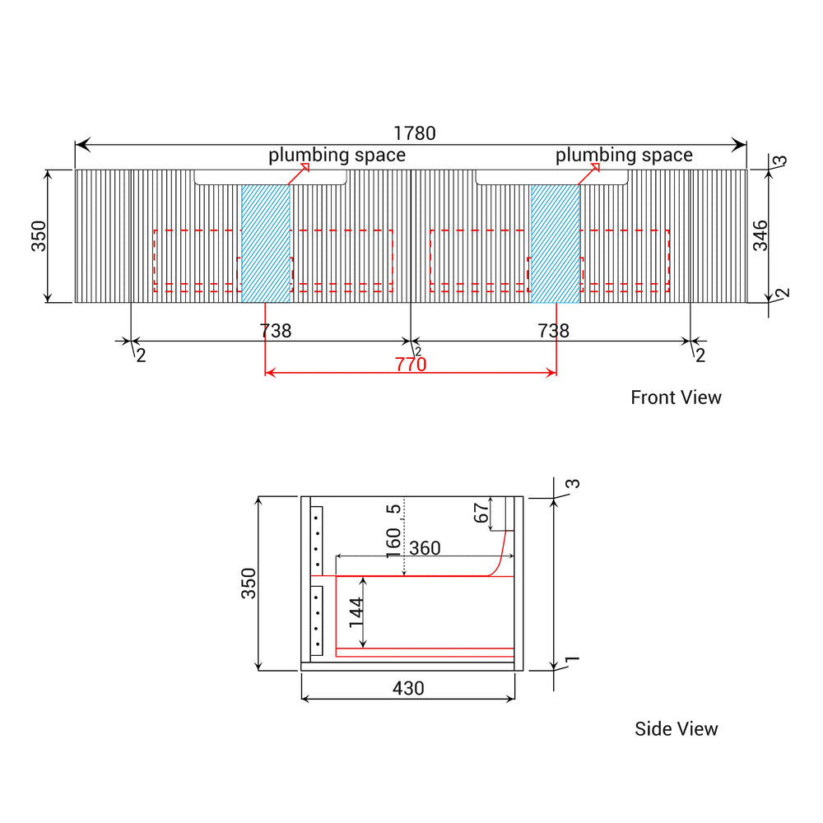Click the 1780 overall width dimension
pos(415,133)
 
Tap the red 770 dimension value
pos(411,365)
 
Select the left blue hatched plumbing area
pos(266,244)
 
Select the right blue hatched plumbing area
pos(556,244)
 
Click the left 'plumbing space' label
pos(337,156)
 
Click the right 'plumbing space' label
pos(624,156)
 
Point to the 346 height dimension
pos(760,235)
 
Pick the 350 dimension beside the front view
pos(39,236)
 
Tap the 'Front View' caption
pos(676,398)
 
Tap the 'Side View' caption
pos(676,728)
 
